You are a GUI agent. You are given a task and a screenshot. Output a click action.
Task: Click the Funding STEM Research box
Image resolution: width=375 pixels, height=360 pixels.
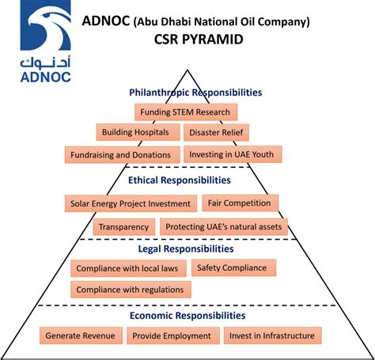click(186, 112)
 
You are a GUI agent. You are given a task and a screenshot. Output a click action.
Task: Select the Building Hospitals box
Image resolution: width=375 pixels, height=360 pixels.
click(137, 132)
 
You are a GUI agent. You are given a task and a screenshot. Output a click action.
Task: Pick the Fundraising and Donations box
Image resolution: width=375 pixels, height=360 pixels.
click(120, 154)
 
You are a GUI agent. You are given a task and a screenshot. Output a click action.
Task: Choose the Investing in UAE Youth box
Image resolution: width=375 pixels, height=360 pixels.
click(233, 153)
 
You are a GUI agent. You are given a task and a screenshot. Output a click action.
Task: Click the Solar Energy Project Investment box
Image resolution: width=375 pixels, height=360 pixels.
click(129, 204)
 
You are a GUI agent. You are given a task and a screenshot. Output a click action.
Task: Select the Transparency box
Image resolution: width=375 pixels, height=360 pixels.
click(123, 227)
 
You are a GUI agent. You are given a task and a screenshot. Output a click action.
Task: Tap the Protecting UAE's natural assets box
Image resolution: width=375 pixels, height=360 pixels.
click(225, 227)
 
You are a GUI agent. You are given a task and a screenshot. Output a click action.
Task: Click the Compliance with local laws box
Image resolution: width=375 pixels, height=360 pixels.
click(129, 269)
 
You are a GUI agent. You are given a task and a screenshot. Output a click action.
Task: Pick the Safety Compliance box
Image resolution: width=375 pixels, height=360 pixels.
click(233, 268)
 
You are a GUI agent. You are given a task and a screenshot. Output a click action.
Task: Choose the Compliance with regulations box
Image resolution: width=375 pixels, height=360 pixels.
click(130, 290)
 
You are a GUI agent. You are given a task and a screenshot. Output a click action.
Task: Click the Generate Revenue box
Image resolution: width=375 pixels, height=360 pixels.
click(80, 335)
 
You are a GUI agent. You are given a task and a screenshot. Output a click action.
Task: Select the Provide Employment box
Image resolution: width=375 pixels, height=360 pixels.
click(172, 335)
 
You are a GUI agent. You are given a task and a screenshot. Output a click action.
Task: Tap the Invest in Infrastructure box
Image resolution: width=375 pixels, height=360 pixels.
click(272, 335)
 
